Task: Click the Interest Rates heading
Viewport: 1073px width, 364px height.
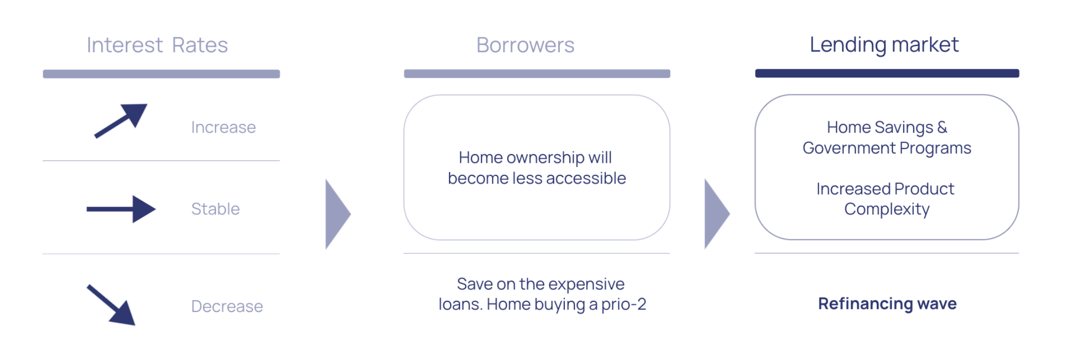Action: tap(157, 45)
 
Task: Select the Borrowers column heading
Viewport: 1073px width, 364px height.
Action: tap(525, 45)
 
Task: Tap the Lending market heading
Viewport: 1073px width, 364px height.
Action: tap(884, 44)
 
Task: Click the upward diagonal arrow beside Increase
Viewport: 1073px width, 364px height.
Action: tap(121, 121)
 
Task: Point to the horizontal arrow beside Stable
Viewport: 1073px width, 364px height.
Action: tap(121, 209)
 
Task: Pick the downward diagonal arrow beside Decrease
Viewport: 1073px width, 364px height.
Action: tap(111, 305)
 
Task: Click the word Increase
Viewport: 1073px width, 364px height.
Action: tap(223, 127)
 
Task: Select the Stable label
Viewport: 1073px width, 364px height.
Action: tap(215, 209)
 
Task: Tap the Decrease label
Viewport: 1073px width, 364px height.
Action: tap(227, 306)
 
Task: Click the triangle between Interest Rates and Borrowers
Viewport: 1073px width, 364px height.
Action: tap(337, 214)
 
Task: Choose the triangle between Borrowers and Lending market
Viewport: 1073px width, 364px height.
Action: tap(717, 214)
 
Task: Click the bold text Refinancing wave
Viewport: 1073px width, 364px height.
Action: tap(887, 303)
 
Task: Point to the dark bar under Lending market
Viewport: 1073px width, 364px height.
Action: tap(887, 73)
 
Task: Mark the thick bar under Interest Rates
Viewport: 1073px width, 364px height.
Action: tap(161, 74)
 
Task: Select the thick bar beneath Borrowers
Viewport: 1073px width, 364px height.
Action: tap(537, 74)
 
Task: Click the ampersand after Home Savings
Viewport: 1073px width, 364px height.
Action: tap(942, 127)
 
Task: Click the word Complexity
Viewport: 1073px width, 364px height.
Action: tap(887, 209)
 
